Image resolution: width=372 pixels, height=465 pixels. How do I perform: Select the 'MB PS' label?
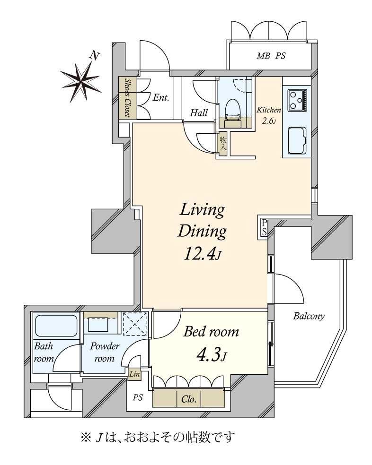tap(271, 56)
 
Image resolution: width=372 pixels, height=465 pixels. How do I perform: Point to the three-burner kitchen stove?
tap(297, 101)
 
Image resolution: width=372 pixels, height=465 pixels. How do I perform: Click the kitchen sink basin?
tap(297, 141)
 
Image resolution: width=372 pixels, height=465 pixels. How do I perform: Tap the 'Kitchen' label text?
tap(269, 110)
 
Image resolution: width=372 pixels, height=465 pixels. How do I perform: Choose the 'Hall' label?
tap(199, 112)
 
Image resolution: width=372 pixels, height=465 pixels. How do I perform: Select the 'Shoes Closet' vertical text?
tap(128, 98)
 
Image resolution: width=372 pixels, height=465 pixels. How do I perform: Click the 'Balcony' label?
tap(309, 317)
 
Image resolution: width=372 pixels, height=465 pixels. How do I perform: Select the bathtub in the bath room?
tap(56, 326)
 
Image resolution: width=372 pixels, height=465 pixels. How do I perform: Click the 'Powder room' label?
tap(105, 353)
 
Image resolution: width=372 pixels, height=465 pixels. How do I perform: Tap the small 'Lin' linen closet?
tap(134, 374)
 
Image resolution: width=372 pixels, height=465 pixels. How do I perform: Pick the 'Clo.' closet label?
tap(189, 399)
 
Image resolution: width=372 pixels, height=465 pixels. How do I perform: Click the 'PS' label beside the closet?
tap(138, 397)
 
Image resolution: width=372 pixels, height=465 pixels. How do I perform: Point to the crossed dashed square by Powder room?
tap(135, 324)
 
